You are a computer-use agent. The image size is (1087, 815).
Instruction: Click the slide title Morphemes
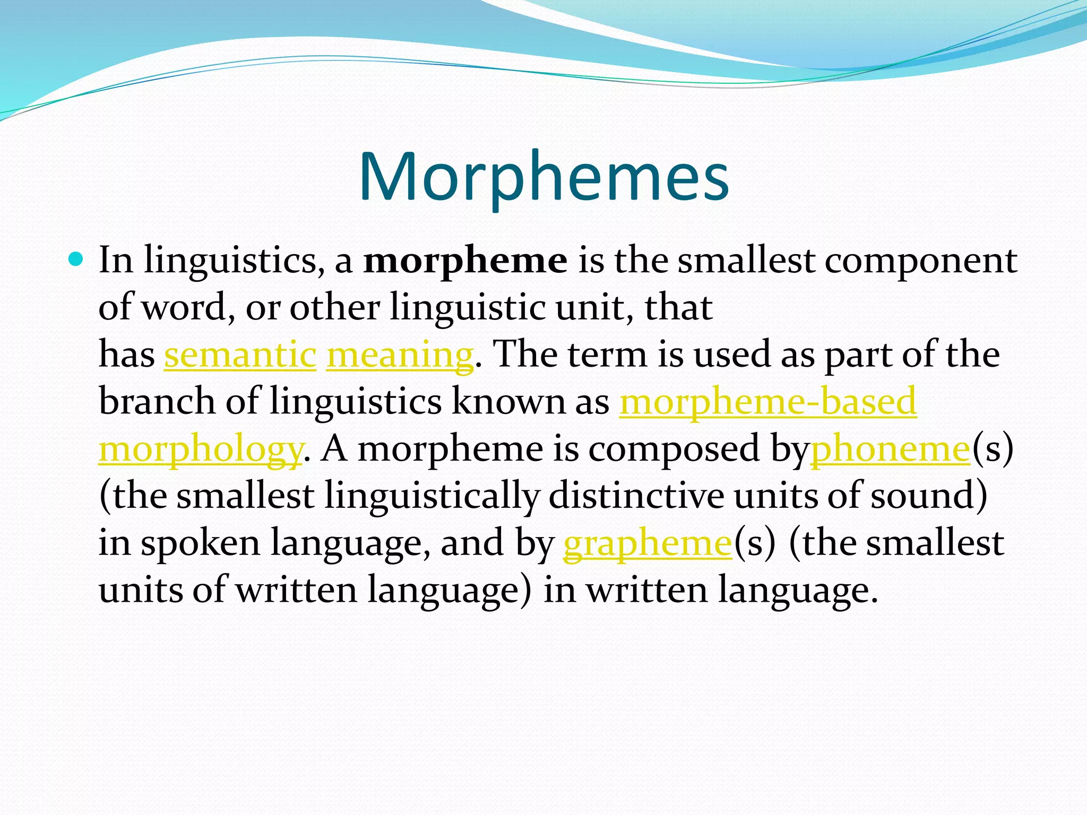coord(543,177)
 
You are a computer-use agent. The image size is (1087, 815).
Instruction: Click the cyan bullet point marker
coord(76,259)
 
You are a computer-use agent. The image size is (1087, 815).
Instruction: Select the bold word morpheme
coord(465,261)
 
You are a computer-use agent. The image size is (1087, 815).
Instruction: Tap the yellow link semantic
coord(240,354)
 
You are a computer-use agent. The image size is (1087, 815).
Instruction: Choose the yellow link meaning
coord(399,356)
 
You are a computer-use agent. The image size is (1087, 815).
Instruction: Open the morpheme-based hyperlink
coord(768,402)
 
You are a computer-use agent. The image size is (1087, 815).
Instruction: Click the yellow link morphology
coord(200,449)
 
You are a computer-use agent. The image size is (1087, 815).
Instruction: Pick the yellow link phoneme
coord(890,449)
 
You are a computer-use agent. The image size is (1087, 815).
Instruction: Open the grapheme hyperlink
coord(647,543)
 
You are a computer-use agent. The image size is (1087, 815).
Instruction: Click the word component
coord(920,261)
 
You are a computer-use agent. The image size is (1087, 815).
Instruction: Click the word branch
coord(157,402)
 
